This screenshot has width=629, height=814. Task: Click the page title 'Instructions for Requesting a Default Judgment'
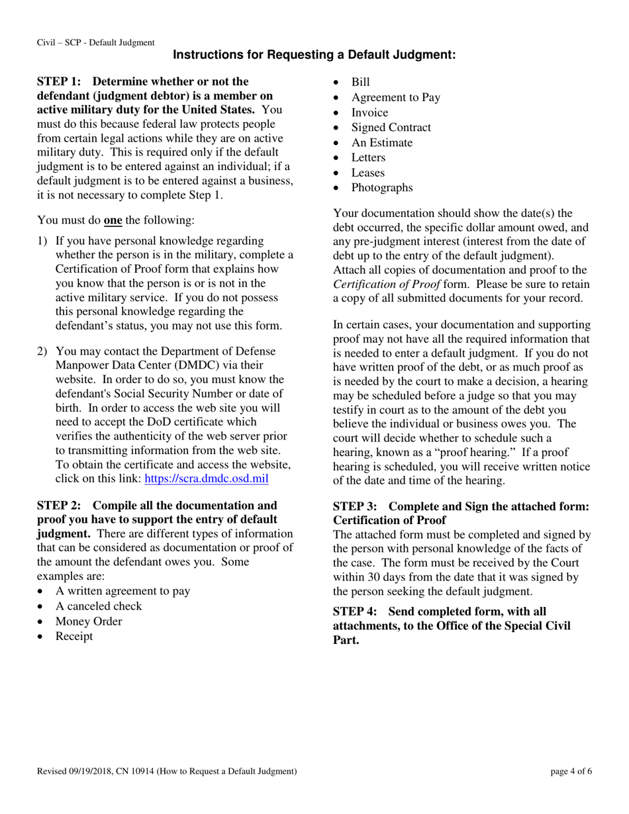(314, 56)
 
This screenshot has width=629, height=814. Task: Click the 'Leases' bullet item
(367, 173)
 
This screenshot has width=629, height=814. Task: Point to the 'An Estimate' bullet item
(381, 143)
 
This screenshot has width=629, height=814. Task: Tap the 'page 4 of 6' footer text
(571, 771)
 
